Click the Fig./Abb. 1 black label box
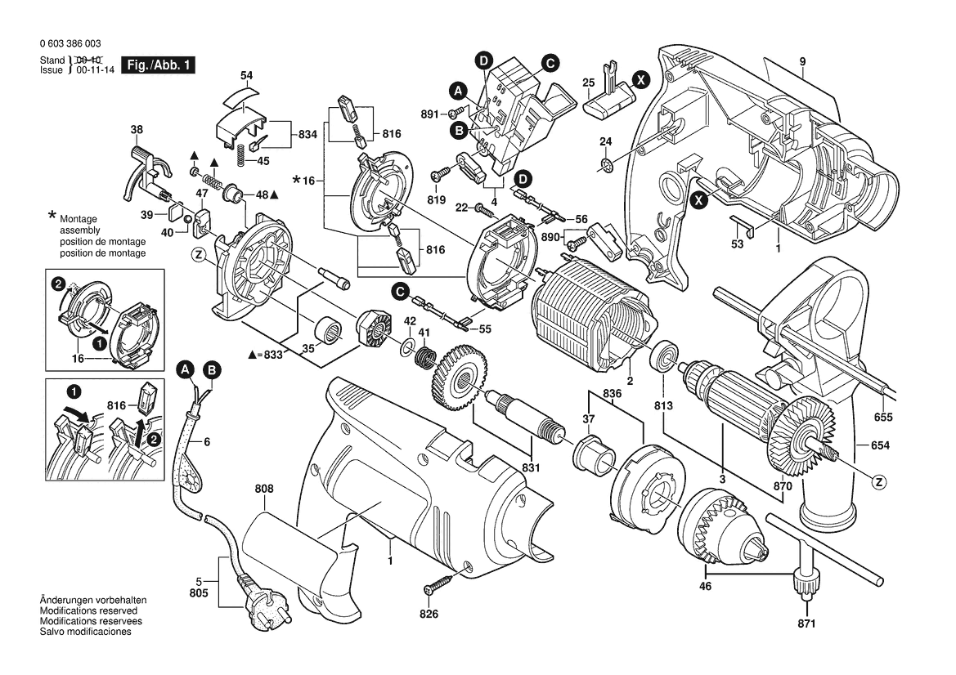[x=158, y=65]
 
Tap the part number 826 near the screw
[x=429, y=615]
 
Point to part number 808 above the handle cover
[x=264, y=489]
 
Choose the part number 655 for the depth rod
[x=882, y=417]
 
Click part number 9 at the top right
[x=803, y=62]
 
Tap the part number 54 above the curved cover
[x=247, y=75]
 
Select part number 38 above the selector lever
[x=137, y=129]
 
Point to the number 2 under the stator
[x=630, y=381]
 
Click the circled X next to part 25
[x=642, y=79]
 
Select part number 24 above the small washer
[x=605, y=142]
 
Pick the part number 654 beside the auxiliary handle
[x=880, y=445]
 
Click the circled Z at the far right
[x=879, y=482]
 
